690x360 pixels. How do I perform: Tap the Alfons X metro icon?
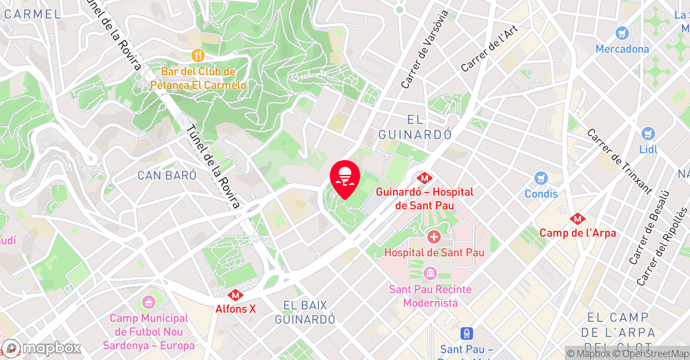pos(235,295)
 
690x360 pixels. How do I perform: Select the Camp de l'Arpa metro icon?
pos(577,219)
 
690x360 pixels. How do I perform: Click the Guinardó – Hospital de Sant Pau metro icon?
pos(425,177)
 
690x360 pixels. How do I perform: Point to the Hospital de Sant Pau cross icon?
pos(433,237)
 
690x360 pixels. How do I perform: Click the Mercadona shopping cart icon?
pos(622,33)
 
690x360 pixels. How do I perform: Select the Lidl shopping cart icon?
pos(648,134)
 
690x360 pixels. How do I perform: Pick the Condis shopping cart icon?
pos(541,178)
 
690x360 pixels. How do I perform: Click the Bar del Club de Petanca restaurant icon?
pos(198,56)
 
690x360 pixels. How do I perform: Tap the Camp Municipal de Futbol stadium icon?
pos(148,303)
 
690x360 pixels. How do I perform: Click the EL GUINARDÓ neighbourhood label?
pos(415,127)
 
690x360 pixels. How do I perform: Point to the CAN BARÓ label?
pos(167,176)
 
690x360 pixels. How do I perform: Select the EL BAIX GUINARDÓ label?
pos(305,312)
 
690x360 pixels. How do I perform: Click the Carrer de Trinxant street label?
pos(619,161)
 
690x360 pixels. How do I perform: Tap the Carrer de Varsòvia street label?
pos(425,49)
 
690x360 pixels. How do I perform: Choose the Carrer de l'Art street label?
pos(489,48)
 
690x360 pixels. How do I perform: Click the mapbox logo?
pos(41,348)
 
